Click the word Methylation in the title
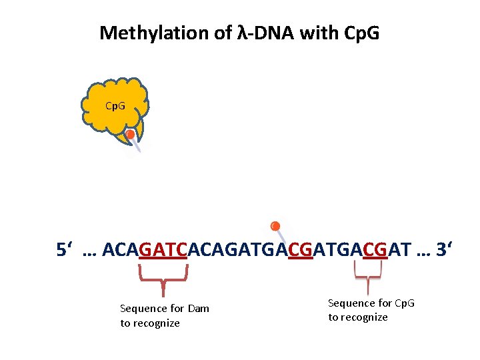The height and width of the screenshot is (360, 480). (x=157, y=33)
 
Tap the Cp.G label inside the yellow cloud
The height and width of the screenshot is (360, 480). (x=115, y=106)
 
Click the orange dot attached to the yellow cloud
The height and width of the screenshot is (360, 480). (x=131, y=135)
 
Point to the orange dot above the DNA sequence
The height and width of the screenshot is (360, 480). (x=275, y=226)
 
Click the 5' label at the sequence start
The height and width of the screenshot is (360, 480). (x=65, y=251)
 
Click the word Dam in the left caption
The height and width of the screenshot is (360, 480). (x=198, y=308)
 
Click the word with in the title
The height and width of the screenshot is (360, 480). (x=319, y=33)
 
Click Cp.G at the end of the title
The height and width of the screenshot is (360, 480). (x=361, y=33)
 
